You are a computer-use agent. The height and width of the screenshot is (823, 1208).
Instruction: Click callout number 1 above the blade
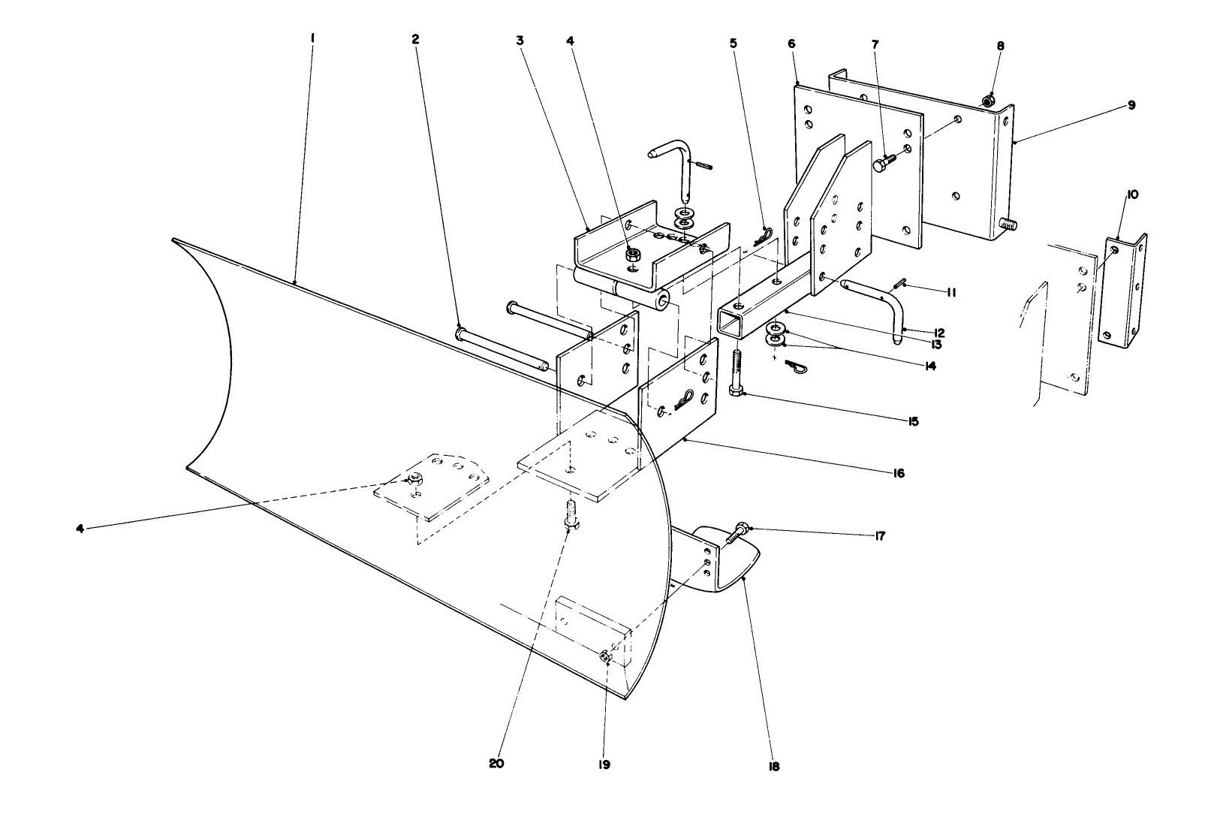click(x=312, y=35)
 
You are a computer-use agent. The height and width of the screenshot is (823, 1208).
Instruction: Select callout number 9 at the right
click(x=1130, y=105)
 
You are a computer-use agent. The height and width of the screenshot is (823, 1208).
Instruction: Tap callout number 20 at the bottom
click(x=496, y=764)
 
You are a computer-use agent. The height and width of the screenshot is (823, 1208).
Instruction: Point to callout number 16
click(x=899, y=473)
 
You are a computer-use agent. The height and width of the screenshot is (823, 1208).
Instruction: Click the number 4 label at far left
click(x=80, y=528)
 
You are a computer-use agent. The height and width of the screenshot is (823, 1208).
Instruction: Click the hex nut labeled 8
click(x=989, y=100)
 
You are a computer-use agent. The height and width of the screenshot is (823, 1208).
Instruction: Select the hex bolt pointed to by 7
click(x=884, y=163)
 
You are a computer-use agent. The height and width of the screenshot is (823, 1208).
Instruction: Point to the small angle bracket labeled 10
click(x=1124, y=289)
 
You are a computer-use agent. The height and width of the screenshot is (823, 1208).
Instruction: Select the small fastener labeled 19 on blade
click(x=606, y=658)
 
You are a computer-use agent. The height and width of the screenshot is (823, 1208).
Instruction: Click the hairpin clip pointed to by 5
click(x=761, y=237)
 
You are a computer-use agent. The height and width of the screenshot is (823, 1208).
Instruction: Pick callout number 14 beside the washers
click(x=929, y=366)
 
